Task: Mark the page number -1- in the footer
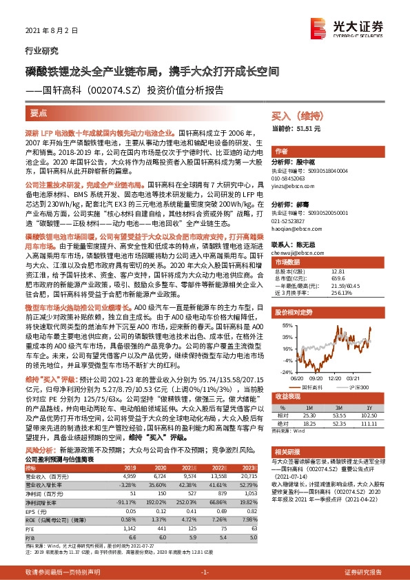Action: coord(205,572)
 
